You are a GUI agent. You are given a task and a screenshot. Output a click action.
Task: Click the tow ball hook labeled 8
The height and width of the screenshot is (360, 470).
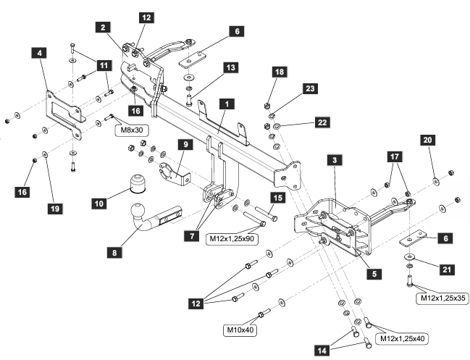140,219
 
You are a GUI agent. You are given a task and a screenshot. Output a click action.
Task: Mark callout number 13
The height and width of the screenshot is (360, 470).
230,67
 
